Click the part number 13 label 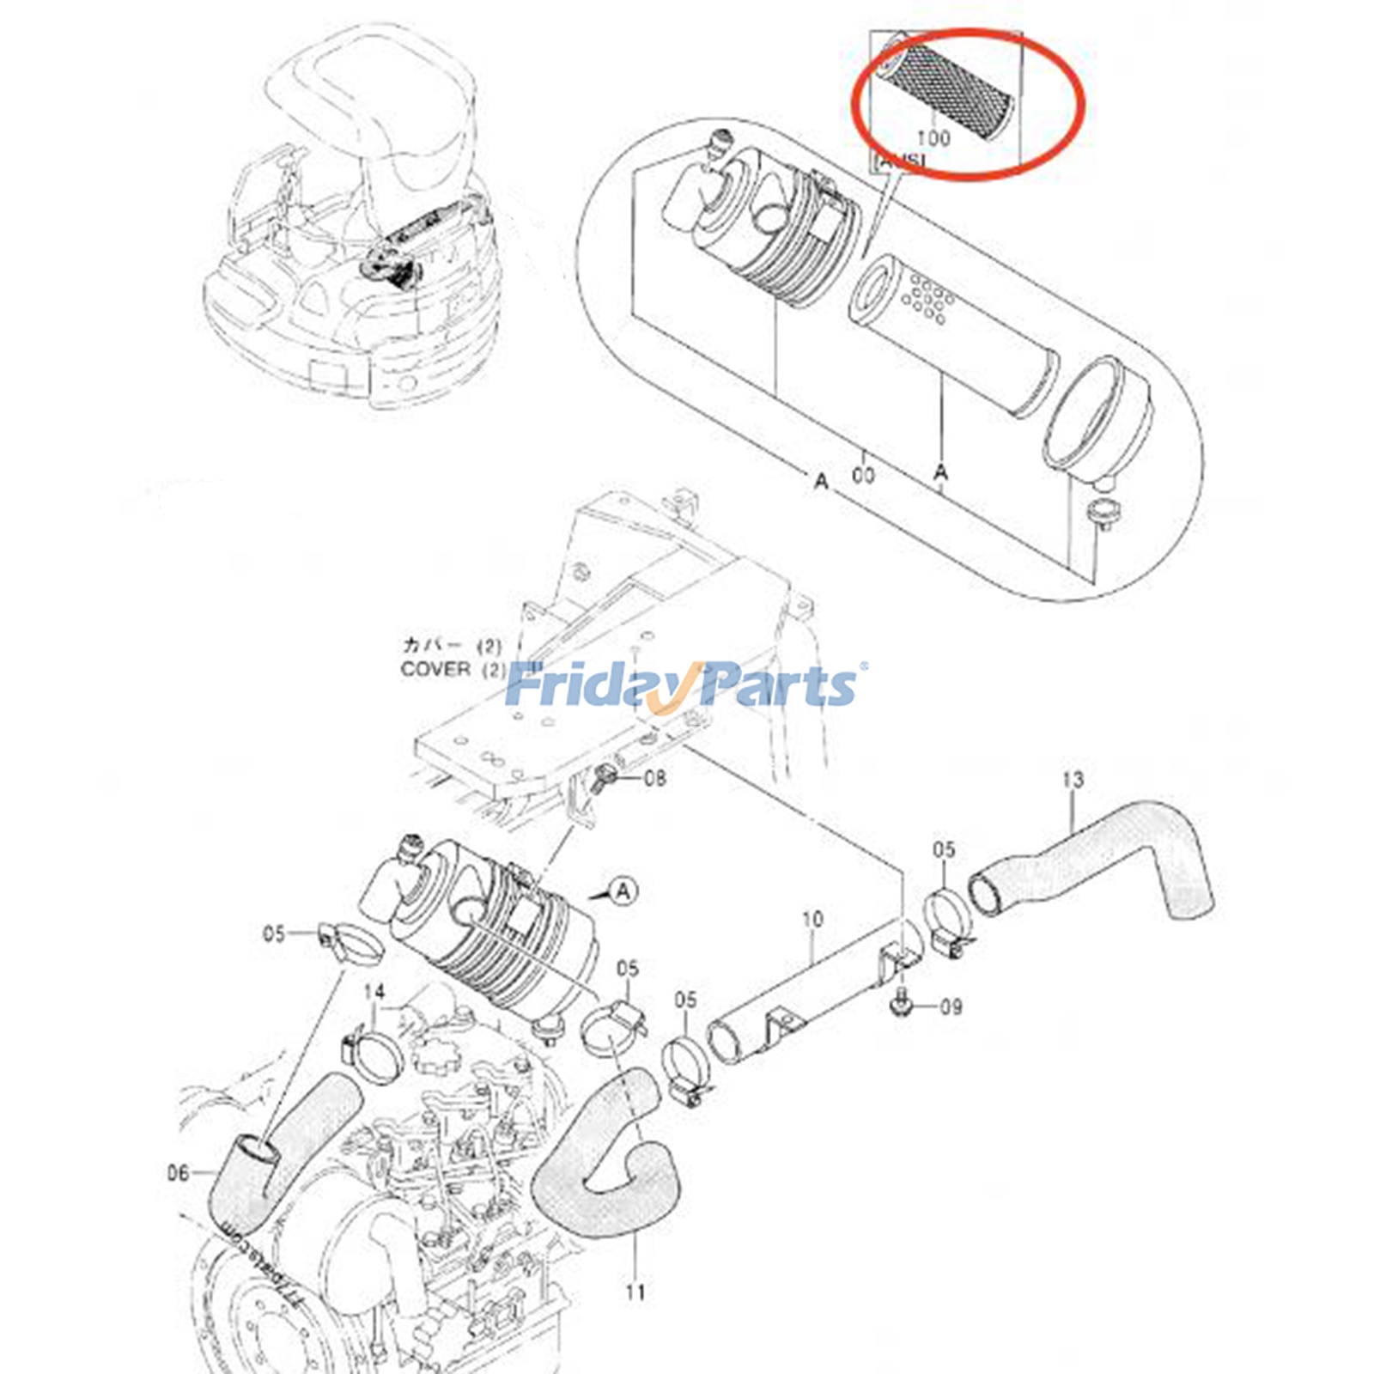1073,780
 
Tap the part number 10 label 812,920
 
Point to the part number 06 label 178,1172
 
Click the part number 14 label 374,992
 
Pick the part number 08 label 654,779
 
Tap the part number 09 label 951,1006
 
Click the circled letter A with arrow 623,891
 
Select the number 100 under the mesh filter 933,137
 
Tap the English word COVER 435,669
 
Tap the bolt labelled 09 900,1003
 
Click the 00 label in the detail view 864,474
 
